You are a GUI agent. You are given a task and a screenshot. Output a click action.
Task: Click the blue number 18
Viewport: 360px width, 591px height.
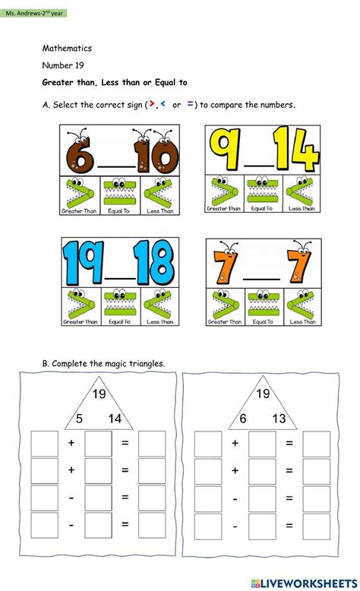(x=152, y=264)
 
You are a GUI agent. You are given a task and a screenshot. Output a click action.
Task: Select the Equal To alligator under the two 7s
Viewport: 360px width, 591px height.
(x=262, y=306)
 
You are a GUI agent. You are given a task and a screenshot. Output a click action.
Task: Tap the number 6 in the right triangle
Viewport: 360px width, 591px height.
(x=242, y=417)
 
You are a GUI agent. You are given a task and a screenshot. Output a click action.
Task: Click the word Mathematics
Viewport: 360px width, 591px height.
(x=67, y=49)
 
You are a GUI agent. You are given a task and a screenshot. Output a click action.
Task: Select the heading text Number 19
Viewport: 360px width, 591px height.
(x=64, y=65)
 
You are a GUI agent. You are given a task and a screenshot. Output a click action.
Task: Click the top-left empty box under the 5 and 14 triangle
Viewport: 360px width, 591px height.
(x=44, y=443)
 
